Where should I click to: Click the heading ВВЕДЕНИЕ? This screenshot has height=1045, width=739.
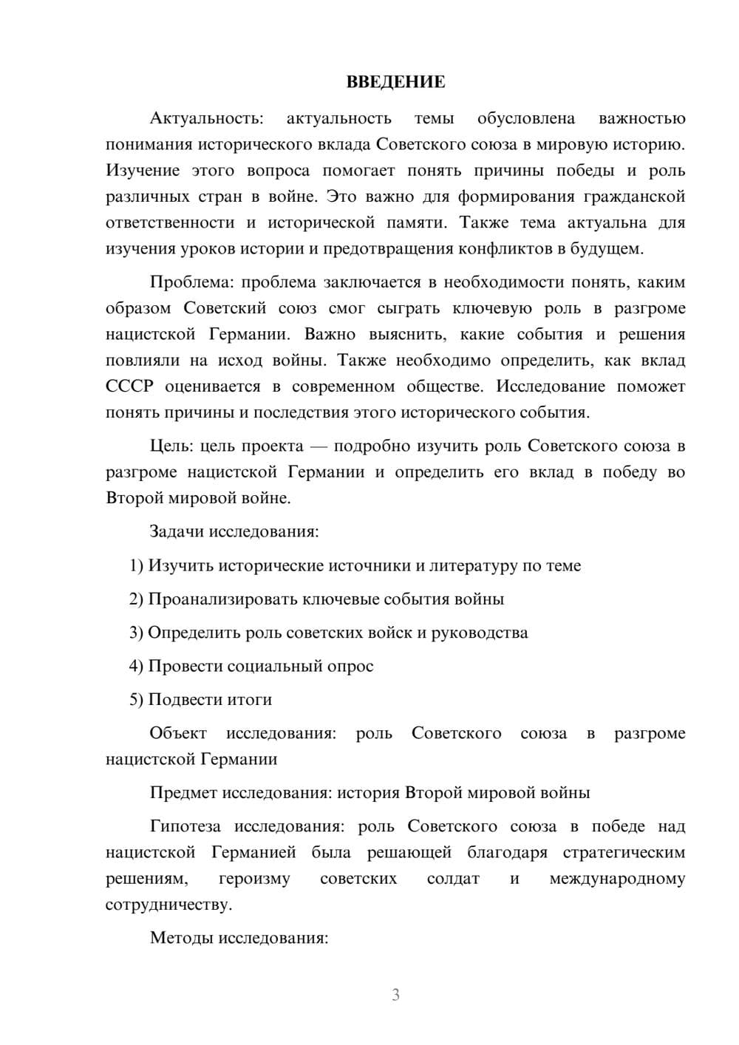coord(395,82)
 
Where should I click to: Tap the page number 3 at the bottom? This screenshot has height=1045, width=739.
coord(395,995)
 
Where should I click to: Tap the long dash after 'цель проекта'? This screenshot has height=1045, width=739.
coord(319,446)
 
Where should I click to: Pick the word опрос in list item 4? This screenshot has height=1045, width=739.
coord(350,667)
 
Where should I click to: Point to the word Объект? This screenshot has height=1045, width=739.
coord(178,733)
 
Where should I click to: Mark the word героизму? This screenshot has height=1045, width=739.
coord(254,879)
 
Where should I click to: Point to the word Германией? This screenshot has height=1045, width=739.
coord(253,853)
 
